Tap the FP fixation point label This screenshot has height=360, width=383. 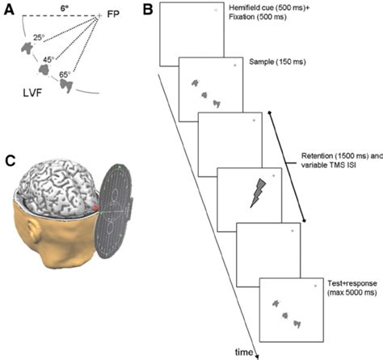pos(109,15)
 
